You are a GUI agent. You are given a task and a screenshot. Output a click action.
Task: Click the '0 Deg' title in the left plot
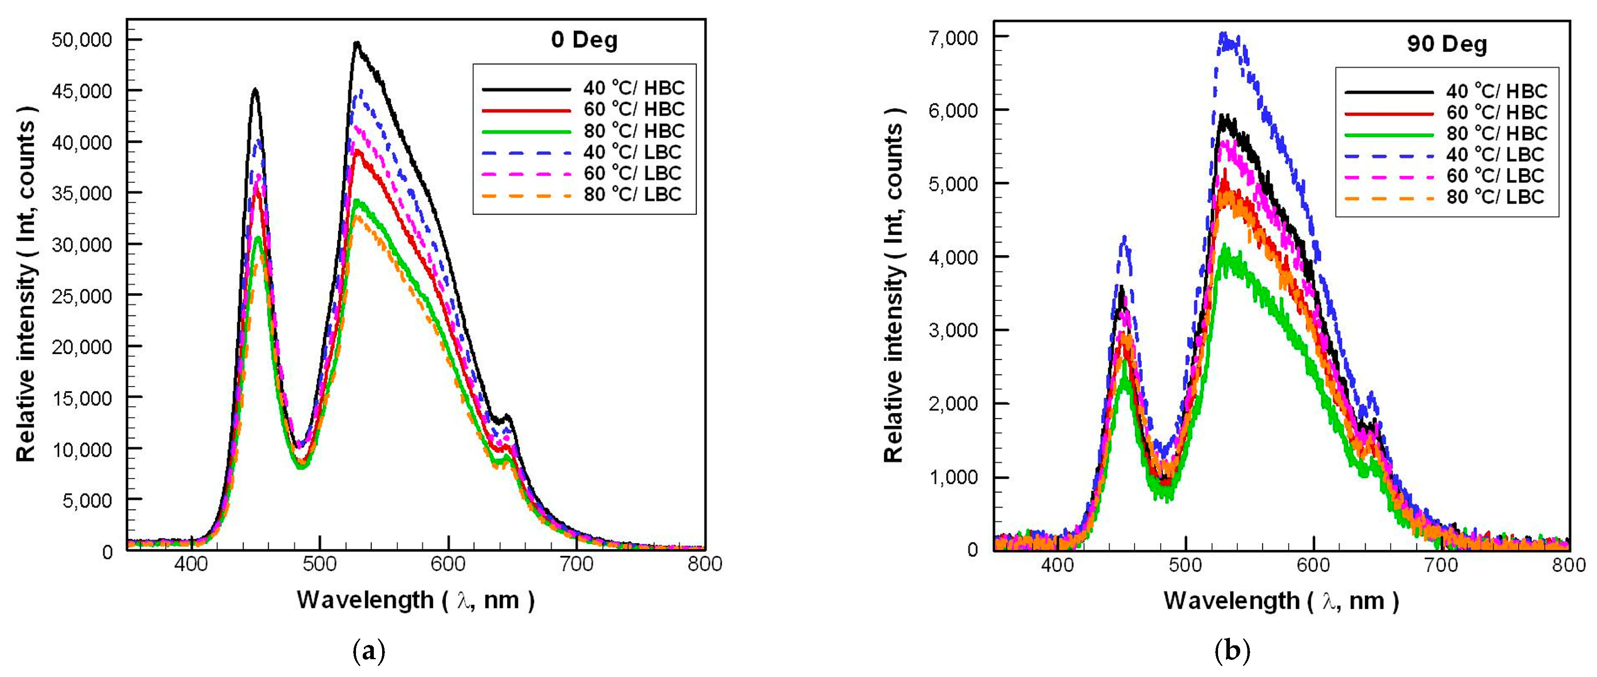pos(584,40)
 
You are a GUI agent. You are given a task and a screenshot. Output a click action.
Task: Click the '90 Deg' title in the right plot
pos(1447,45)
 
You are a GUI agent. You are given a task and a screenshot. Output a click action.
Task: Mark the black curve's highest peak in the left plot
pos(356,43)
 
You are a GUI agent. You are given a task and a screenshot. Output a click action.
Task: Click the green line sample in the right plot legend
pos(1389,133)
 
